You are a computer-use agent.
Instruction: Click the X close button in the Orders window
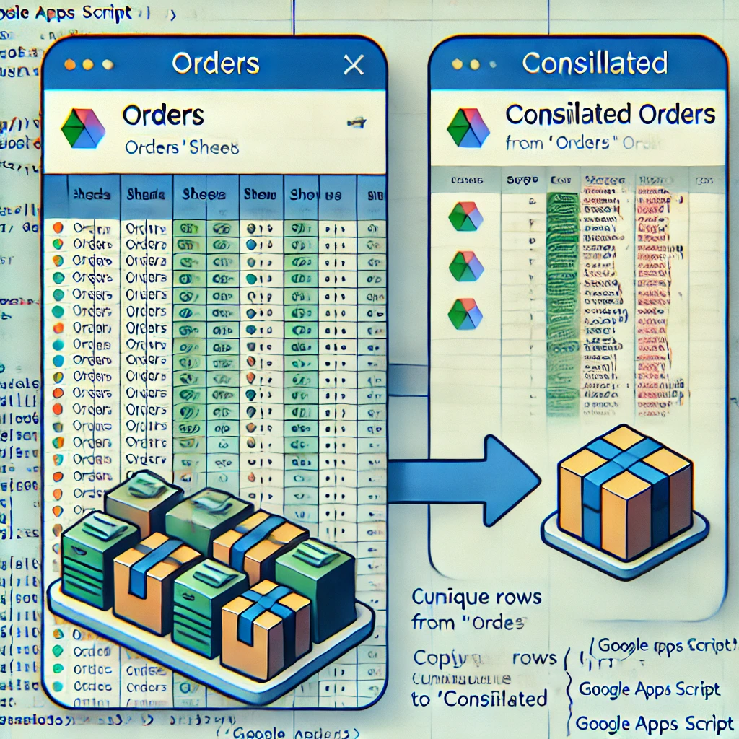(354, 65)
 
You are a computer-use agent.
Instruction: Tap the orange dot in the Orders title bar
(69, 64)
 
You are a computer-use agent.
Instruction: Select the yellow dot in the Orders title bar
(87, 64)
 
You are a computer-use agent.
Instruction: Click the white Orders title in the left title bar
(215, 64)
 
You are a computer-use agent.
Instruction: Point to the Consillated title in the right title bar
(595, 63)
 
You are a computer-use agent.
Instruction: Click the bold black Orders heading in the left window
(163, 115)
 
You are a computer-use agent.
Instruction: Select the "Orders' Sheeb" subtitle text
(181, 147)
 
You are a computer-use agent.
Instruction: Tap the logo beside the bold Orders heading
(83, 128)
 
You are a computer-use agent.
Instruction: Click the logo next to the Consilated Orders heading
(468, 128)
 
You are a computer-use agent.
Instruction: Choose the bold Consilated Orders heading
(611, 114)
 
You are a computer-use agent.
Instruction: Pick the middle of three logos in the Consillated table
(465, 266)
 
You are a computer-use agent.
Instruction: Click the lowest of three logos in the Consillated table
(465, 314)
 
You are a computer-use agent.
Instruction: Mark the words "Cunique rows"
(476, 597)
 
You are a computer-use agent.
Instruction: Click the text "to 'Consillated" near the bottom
(479, 698)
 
